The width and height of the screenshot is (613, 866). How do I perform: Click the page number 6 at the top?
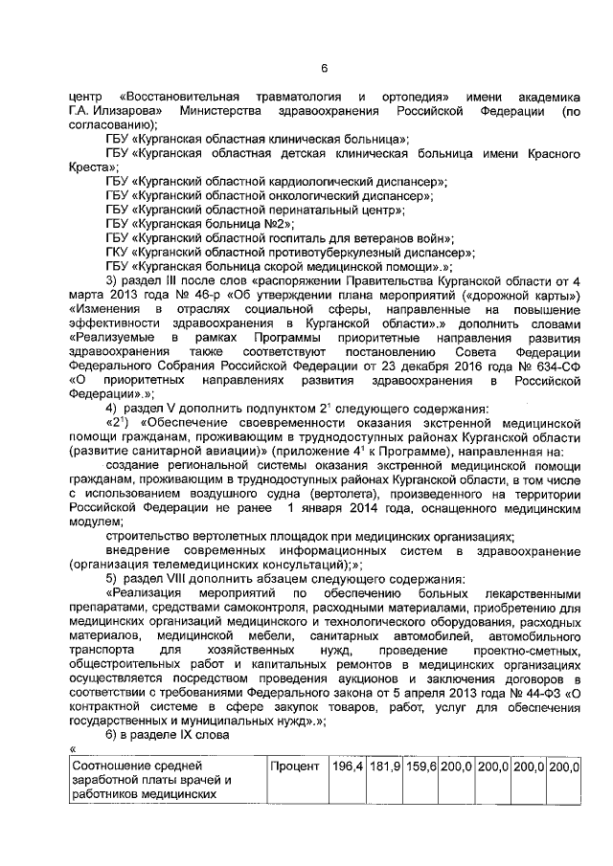click(324, 68)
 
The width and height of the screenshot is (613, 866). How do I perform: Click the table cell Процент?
click(295, 766)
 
